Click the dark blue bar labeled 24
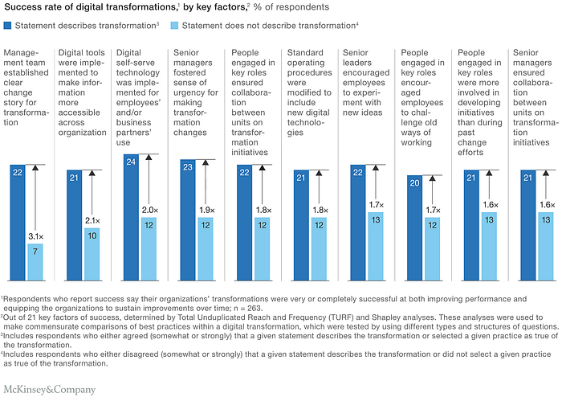[131, 217]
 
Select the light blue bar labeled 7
[35, 262]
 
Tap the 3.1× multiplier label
[36, 236]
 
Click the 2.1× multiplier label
[92, 221]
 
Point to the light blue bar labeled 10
[92, 254]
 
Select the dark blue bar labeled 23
[188, 220]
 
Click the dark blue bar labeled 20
[415, 228]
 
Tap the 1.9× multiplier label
[207, 211]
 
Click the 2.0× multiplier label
[150, 211]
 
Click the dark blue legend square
[7, 26]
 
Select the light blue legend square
[174, 26]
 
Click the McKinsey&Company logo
[50, 390]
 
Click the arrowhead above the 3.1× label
[35, 167]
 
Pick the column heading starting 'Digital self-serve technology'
[138, 97]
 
